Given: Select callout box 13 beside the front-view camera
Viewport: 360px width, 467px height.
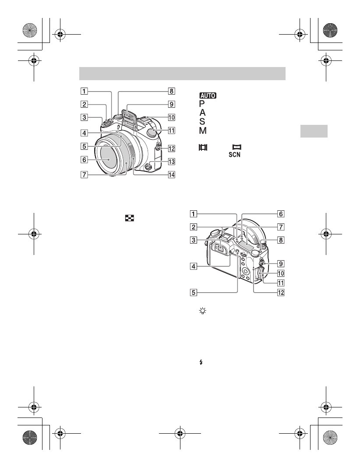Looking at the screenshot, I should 172,162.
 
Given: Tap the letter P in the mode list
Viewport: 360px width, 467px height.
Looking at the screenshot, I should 202,103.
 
